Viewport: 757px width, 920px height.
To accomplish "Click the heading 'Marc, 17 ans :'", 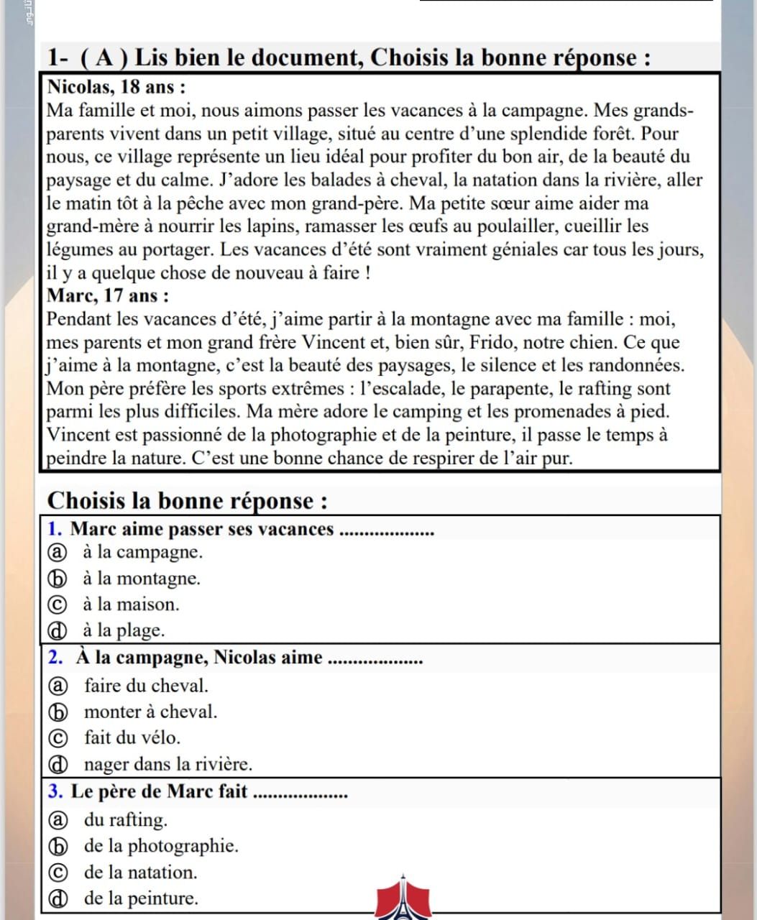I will tap(109, 295).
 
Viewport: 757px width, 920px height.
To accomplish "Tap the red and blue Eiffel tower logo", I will tap(403, 898).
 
